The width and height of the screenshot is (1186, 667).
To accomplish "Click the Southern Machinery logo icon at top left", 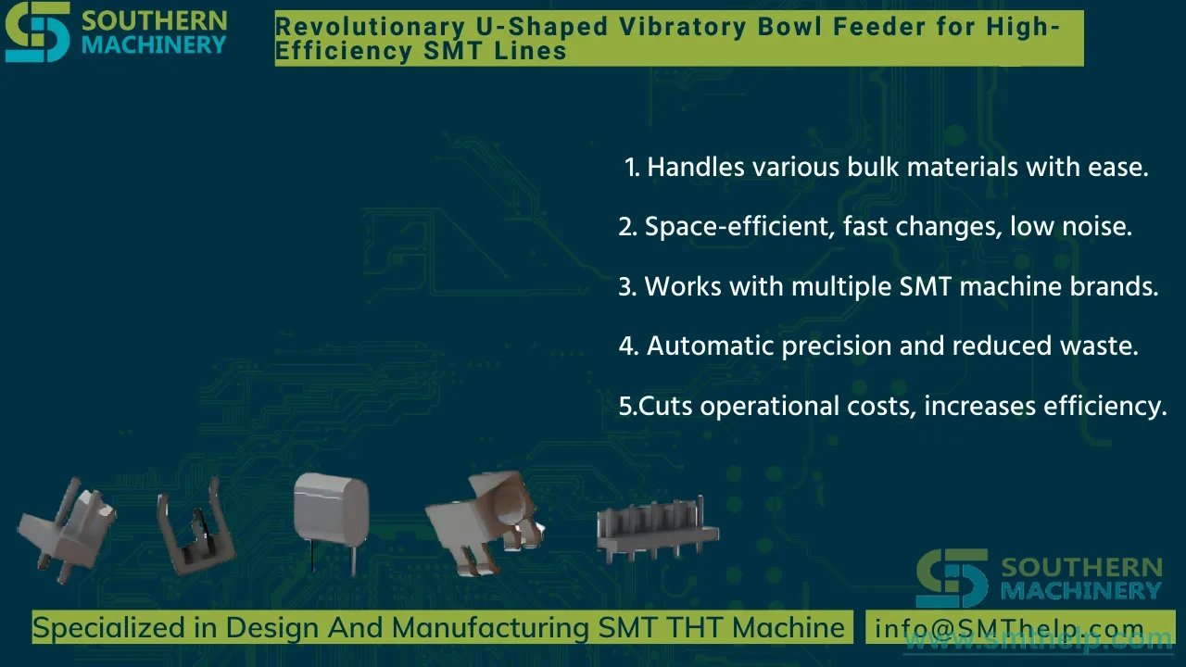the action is [38, 31].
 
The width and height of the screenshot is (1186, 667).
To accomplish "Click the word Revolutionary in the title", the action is [370, 27].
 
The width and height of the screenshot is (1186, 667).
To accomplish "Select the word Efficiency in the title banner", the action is [344, 51].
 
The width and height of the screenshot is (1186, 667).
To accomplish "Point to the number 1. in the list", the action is [632, 168].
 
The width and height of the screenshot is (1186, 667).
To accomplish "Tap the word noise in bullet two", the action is [1097, 227].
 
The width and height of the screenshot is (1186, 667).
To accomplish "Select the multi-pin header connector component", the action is [657, 529].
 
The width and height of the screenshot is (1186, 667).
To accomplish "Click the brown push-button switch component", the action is [485, 522].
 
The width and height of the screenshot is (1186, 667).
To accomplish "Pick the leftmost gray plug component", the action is [67, 530].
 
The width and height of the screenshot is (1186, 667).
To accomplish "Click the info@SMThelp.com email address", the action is [1009, 628].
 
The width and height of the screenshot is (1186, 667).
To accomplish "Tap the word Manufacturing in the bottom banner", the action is [490, 628].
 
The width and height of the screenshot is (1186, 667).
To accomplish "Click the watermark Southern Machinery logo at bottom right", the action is [1039, 578].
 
